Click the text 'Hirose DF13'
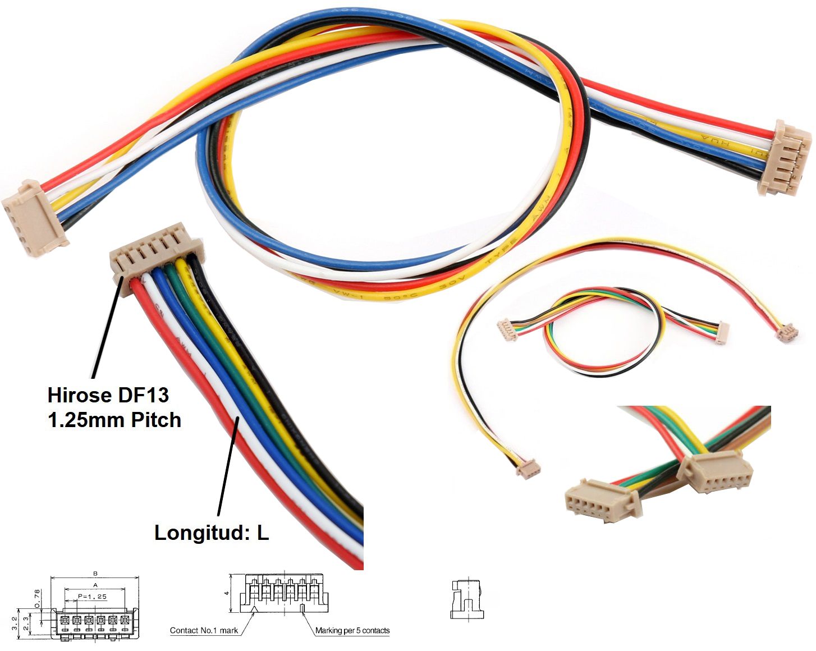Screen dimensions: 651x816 tap(108, 395)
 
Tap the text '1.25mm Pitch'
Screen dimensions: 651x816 tap(114, 420)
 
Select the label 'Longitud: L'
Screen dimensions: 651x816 tap(212, 533)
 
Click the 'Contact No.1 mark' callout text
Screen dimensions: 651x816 tap(204, 630)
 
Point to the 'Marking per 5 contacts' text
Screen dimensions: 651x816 tap(352, 630)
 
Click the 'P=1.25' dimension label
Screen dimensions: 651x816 tap(92, 596)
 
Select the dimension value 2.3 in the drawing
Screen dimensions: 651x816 tap(26, 622)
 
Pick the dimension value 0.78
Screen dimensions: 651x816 tap(38, 598)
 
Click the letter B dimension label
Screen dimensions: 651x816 tap(95, 574)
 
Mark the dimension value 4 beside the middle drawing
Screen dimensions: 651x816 tap(227, 593)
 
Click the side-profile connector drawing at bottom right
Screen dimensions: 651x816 tap(466, 599)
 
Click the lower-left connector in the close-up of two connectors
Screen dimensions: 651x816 tap(601, 500)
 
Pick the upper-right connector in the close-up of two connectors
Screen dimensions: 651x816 tap(715, 472)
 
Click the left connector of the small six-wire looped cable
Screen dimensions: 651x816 tap(507, 330)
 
